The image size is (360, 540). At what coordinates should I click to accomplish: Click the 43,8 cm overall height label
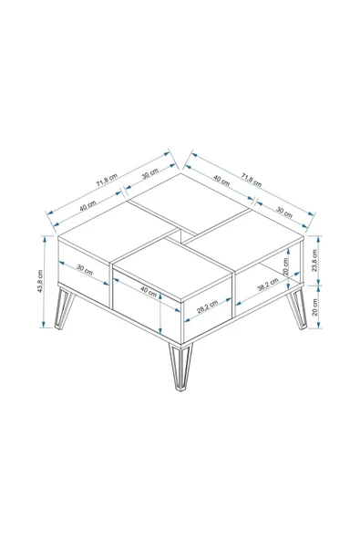pyautogui.click(x=39, y=281)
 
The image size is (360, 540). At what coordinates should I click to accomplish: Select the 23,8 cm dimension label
pyautogui.click(x=314, y=260)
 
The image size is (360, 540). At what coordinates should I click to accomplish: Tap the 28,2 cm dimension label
pyautogui.click(x=207, y=307)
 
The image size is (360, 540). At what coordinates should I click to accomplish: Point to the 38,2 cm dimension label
pyautogui.click(x=268, y=285)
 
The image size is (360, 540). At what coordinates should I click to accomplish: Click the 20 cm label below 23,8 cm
pyautogui.click(x=314, y=307)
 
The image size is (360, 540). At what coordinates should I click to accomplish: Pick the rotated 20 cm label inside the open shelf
pyautogui.click(x=285, y=265)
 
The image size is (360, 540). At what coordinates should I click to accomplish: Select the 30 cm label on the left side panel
pyautogui.click(x=85, y=269)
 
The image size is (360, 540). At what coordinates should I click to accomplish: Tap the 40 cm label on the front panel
pyautogui.click(x=149, y=292)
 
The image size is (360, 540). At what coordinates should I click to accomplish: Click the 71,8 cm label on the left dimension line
pyautogui.click(x=107, y=180)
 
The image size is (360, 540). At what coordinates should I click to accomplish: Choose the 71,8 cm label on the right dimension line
pyautogui.click(x=252, y=180)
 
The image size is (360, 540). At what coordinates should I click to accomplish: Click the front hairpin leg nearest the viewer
pyautogui.click(x=180, y=367)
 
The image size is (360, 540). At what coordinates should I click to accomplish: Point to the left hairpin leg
pyautogui.click(x=65, y=308)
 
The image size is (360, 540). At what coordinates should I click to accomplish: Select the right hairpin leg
pyautogui.click(x=297, y=309)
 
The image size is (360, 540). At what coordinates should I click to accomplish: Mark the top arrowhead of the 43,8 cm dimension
pyautogui.click(x=44, y=238)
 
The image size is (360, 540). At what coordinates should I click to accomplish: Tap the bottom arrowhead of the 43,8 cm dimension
pyautogui.click(x=44, y=325)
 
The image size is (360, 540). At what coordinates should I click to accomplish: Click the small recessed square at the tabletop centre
pyautogui.click(x=181, y=235)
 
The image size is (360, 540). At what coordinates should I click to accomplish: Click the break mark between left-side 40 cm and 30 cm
pyautogui.click(x=121, y=191)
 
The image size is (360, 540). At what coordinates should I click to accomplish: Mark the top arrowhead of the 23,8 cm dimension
pyautogui.click(x=319, y=238)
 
